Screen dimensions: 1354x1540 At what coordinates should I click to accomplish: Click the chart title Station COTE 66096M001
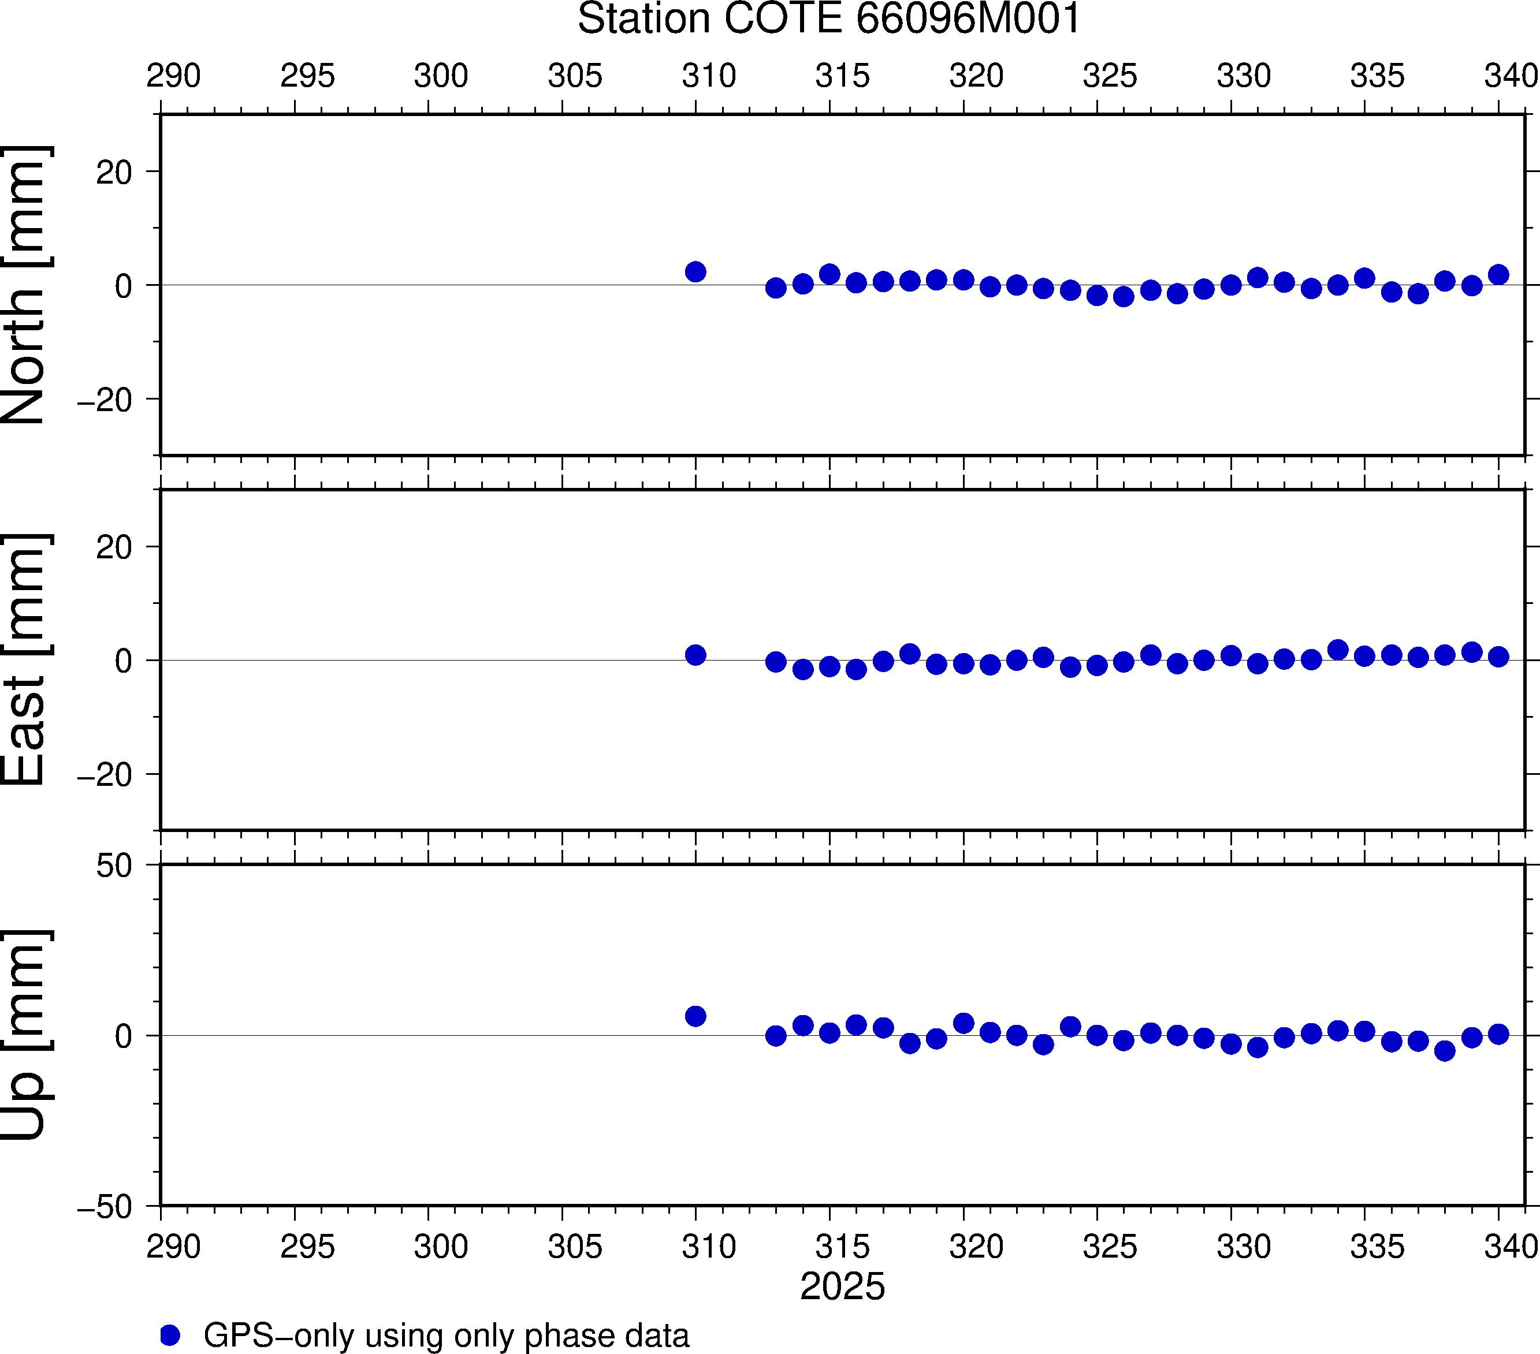pyautogui.click(x=829, y=19)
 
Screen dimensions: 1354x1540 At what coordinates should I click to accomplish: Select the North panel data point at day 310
pyautogui.click(x=695, y=272)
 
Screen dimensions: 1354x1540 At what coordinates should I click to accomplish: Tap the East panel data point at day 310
pyautogui.click(x=695, y=655)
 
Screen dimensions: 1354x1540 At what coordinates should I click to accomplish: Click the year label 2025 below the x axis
pyautogui.click(x=842, y=1286)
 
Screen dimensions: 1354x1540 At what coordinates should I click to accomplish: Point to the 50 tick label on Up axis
pyautogui.click(x=114, y=867)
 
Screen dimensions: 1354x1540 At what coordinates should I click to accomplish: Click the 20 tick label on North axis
pyautogui.click(x=114, y=173)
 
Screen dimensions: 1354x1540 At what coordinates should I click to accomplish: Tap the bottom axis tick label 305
pyautogui.click(x=575, y=1247)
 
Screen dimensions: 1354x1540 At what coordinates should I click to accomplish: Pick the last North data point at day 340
pyautogui.click(x=1498, y=275)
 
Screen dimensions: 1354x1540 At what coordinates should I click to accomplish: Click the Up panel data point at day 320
pyautogui.click(x=964, y=1023)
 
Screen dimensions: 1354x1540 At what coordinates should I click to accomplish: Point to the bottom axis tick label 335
pyautogui.click(x=1377, y=1247)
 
